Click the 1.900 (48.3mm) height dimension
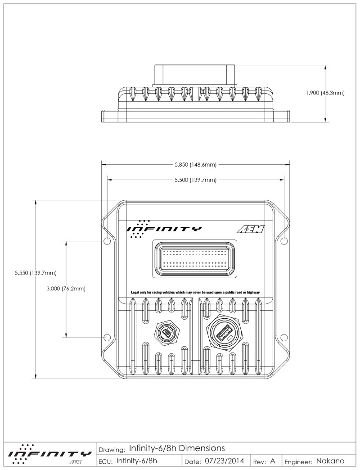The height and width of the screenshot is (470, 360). pyautogui.click(x=325, y=93)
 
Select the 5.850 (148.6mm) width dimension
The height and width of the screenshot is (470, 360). pyautogui.click(x=195, y=165)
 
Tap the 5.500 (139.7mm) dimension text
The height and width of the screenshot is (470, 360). pyautogui.click(x=195, y=180)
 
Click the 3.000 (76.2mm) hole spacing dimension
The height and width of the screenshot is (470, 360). pyautogui.click(x=66, y=289)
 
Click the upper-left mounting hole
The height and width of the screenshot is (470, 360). pyautogui.click(x=107, y=241)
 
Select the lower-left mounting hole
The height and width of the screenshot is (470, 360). pyautogui.click(x=107, y=337)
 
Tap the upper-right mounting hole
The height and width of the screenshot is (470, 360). pyautogui.click(x=283, y=241)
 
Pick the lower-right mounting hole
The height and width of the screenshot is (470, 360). pyautogui.click(x=283, y=337)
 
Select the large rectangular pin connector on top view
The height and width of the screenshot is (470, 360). pyautogui.click(x=194, y=260)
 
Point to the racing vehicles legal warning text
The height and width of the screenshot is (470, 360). pyautogui.click(x=195, y=292)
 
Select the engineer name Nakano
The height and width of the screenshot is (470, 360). pyautogui.click(x=330, y=461)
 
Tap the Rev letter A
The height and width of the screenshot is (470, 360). pyautogui.click(x=273, y=461)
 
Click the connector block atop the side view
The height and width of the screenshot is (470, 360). pyautogui.click(x=194, y=75)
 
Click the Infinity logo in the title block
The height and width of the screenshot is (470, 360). pyautogui.click(x=47, y=455)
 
